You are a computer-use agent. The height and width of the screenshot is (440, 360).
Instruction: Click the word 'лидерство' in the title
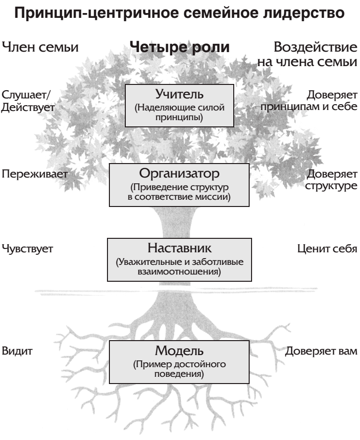(x=304, y=13)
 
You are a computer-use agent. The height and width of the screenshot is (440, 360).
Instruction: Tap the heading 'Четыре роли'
(x=179, y=47)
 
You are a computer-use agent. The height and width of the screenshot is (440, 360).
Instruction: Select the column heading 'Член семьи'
(x=40, y=47)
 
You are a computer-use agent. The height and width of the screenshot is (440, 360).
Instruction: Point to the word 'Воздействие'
(x=315, y=47)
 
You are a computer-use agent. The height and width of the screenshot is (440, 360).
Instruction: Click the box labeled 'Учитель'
(x=179, y=106)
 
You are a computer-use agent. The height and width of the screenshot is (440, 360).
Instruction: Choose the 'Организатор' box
(x=179, y=185)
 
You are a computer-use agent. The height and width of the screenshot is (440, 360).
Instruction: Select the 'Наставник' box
(x=179, y=260)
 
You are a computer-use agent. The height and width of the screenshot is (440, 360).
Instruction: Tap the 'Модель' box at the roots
(x=179, y=362)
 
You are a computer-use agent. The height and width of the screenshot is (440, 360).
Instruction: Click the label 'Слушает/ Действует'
(x=28, y=101)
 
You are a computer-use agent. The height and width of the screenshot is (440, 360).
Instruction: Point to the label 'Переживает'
(x=35, y=174)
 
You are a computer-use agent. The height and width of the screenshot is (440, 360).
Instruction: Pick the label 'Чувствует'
(x=27, y=248)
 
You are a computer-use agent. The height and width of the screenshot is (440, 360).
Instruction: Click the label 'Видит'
(x=17, y=351)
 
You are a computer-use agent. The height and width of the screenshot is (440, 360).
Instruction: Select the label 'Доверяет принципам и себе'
(x=309, y=100)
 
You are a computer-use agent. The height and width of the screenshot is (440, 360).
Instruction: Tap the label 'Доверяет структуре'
(x=332, y=180)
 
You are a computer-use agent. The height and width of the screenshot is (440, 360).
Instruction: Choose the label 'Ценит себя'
(x=327, y=248)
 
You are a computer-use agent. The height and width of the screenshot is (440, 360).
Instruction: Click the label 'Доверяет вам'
(x=321, y=351)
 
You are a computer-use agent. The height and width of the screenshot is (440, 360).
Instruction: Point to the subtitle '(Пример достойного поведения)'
(x=179, y=369)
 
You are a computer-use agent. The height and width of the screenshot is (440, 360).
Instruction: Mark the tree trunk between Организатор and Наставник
(x=177, y=222)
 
